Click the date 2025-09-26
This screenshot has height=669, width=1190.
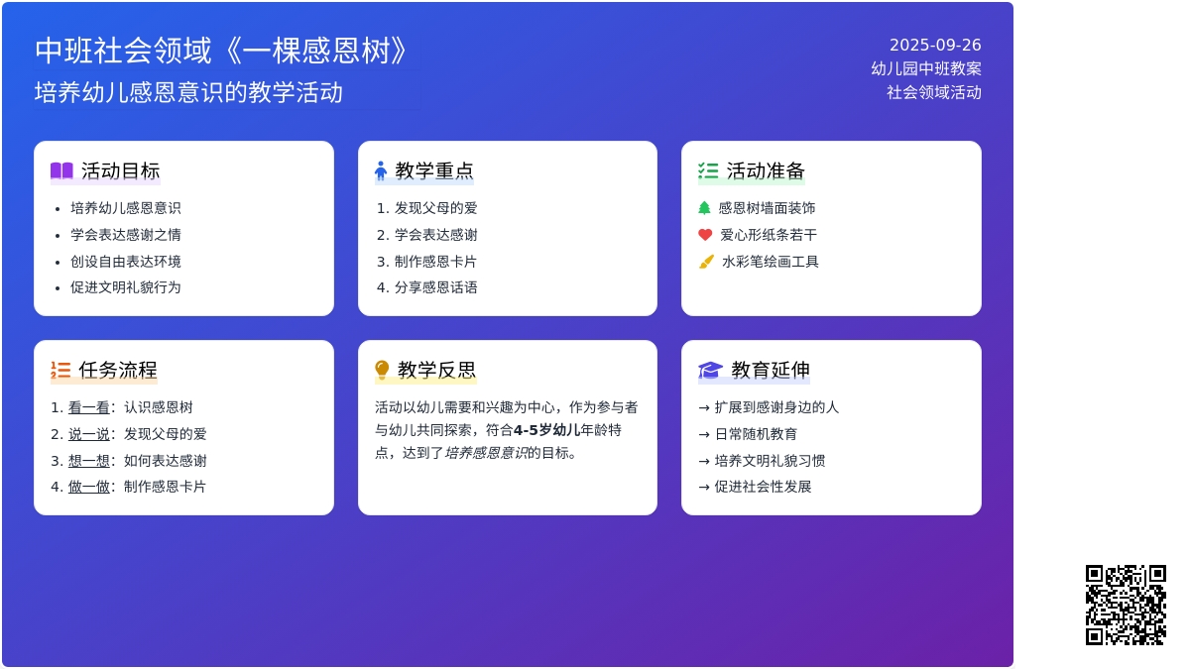(x=935, y=46)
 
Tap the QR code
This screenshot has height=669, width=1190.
(x=1126, y=605)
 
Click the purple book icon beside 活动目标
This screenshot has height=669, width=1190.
(x=61, y=170)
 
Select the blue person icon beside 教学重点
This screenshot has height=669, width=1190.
(x=381, y=170)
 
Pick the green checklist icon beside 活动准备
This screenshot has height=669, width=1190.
(x=708, y=170)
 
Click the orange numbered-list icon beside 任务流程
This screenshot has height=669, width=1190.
(x=60, y=370)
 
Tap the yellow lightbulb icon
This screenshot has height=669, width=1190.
(x=382, y=370)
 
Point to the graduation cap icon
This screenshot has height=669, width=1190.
(x=710, y=370)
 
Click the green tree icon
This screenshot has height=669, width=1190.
(x=704, y=207)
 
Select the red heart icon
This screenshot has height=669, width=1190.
(x=705, y=235)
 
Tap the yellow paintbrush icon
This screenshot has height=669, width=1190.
(x=706, y=262)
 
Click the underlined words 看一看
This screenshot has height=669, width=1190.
(x=88, y=407)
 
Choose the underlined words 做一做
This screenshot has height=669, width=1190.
(x=88, y=487)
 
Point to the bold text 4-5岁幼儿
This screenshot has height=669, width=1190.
(x=546, y=429)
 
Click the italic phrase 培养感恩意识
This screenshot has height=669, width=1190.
(x=486, y=453)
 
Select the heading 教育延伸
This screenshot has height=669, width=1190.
(x=771, y=370)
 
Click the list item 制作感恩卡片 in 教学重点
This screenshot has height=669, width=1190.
(x=435, y=262)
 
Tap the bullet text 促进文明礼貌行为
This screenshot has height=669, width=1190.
(x=125, y=287)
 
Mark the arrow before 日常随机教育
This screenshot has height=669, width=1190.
(x=704, y=434)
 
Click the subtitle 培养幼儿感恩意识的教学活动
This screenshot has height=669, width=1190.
(x=188, y=92)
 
